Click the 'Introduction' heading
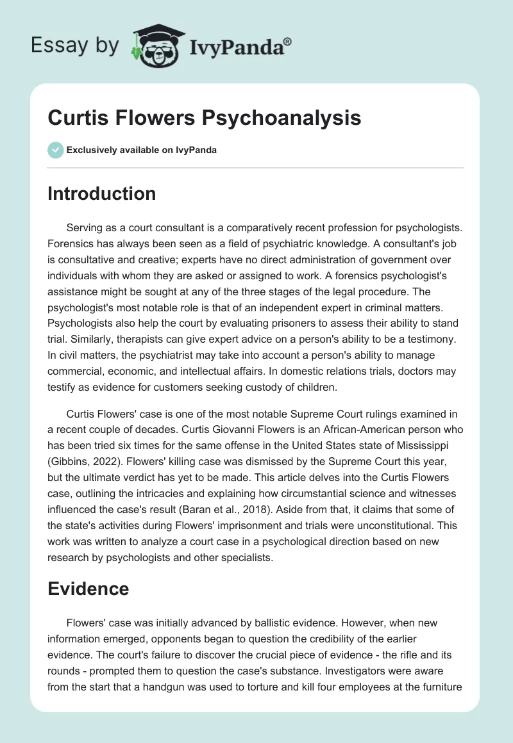(x=101, y=193)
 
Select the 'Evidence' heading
(x=88, y=589)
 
